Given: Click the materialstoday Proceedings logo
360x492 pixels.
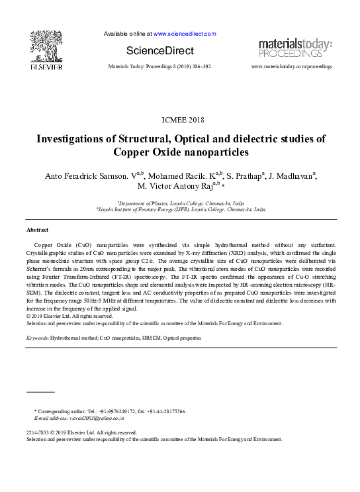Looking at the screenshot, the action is coord(295,48).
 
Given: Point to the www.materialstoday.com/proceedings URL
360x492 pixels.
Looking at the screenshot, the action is coord(292,67).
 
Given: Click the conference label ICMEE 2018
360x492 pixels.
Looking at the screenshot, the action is coord(183,120).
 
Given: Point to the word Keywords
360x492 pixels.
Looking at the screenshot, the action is coord(37,338).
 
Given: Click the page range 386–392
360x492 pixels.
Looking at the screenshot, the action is coord(199,67).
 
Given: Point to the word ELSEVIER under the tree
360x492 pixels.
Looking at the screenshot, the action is coord(46,67).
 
